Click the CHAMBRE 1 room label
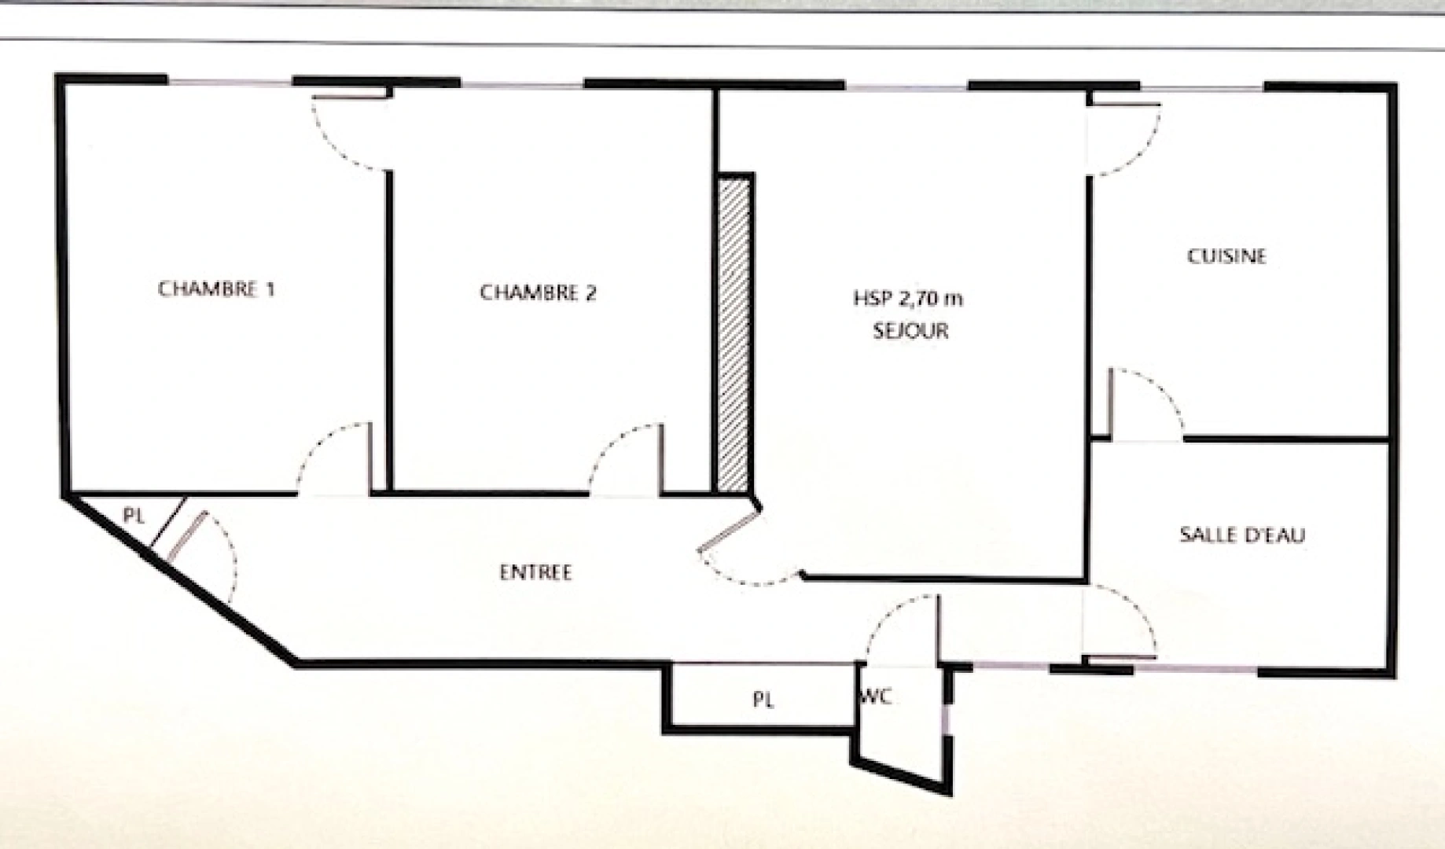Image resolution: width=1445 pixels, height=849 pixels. [216, 289]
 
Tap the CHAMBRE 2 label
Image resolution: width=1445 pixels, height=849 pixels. [538, 293]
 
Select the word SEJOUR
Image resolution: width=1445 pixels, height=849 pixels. [910, 330]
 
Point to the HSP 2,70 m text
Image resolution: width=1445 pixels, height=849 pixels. [908, 299]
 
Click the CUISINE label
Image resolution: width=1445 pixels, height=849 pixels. [1226, 256]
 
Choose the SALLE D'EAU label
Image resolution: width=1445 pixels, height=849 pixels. [1241, 535]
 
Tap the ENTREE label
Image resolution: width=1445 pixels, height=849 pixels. [535, 572]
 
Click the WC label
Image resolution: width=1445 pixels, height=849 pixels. [876, 696]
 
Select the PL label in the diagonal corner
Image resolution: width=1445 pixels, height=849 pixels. [134, 516]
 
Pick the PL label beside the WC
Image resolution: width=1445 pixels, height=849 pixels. [763, 700]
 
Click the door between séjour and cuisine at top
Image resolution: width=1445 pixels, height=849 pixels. [1124, 138]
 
